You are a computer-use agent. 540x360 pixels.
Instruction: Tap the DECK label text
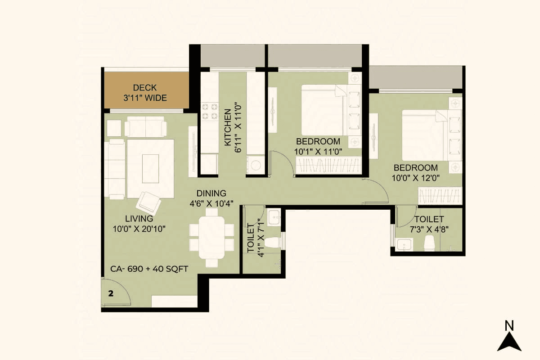tap(145, 88)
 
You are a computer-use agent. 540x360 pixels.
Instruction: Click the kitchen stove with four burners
tap(209, 111)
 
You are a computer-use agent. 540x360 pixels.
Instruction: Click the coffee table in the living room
tap(150, 168)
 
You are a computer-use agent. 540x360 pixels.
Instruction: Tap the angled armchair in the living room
tap(148, 203)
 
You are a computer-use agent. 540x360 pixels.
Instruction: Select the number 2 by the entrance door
tap(111, 293)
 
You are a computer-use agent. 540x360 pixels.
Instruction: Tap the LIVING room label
tap(139, 219)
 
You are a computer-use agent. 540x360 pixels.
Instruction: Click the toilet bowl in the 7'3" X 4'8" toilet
tap(429, 243)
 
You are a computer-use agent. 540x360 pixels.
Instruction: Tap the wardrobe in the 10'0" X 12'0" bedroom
tap(440, 196)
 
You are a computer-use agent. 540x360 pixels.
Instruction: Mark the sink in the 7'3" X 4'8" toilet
tap(405, 245)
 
